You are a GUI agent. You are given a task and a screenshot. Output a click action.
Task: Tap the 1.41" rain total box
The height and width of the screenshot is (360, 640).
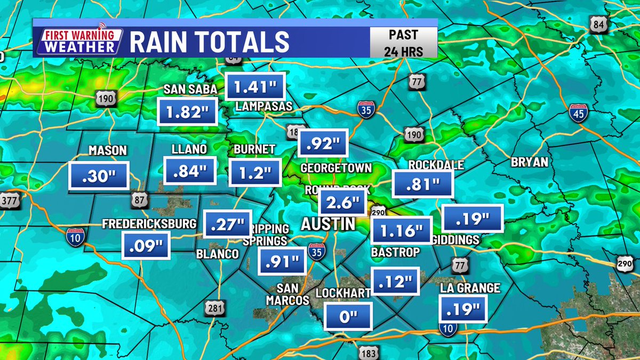click(255, 85)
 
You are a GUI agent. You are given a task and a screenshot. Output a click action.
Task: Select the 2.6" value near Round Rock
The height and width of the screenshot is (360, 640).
click(343, 204)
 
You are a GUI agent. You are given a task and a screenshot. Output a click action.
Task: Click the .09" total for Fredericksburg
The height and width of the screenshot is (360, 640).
click(146, 245)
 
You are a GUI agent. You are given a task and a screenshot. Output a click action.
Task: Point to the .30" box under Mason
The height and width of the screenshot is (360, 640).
click(99, 175)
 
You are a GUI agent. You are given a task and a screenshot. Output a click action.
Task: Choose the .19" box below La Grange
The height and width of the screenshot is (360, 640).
click(463, 308)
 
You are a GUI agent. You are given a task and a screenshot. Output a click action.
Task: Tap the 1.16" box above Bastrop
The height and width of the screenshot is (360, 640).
click(401, 231)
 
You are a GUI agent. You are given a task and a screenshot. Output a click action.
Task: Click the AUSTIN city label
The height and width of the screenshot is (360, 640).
click(327, 225)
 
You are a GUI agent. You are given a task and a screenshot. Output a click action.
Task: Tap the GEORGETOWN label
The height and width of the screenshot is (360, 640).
click(335, 168)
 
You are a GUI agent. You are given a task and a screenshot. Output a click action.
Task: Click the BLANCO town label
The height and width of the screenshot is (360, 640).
click(217, 254)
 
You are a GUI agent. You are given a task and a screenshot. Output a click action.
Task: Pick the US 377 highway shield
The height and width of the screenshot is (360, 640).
click(7, 200)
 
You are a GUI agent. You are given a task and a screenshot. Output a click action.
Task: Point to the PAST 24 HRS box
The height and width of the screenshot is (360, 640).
click(404, 42)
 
